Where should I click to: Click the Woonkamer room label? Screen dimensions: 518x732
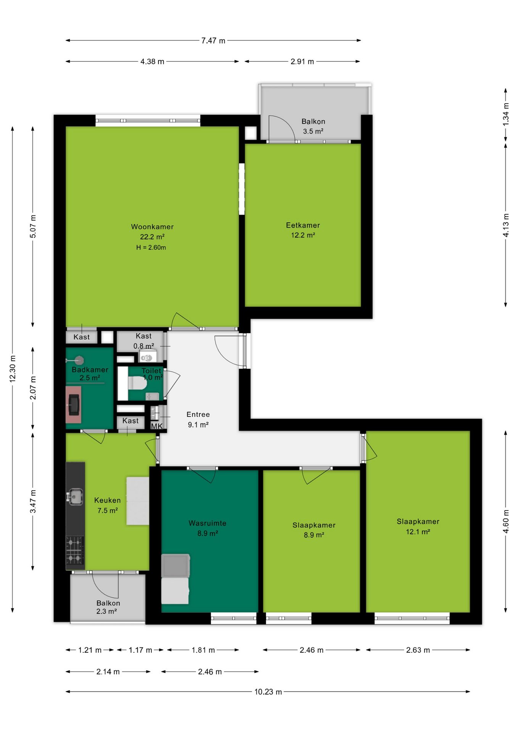[x=152, y=226]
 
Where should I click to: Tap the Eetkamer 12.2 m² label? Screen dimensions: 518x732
[x=303, y=230]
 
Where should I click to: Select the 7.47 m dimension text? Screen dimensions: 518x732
[x=213, y=40]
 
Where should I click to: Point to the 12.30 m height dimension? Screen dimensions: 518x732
[x=13, y=368]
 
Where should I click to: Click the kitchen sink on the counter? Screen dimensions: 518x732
[x=75, y=496]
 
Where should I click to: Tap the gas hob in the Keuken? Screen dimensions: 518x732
[x=75, y=550]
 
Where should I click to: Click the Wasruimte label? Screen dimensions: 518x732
[x=208, y=523]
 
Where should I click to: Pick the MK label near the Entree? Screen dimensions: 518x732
[x=157, y=426]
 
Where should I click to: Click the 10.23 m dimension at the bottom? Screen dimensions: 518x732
[x=268, y=692]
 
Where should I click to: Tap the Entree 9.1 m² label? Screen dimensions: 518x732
[x=198, y=419]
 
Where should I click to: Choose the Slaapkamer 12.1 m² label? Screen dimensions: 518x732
[x=418, y=527]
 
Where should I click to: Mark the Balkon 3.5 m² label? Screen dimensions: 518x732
[x=313, y=126]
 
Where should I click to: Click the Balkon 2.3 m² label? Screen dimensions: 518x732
[x=108, y=607]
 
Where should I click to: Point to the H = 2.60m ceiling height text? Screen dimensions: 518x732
[x=151, y=247]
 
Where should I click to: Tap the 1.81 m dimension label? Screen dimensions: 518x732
[x=203, y=650]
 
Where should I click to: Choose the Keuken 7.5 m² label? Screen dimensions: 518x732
[x=108, y=505]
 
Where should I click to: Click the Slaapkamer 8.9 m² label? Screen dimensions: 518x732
[x=314, y=530]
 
